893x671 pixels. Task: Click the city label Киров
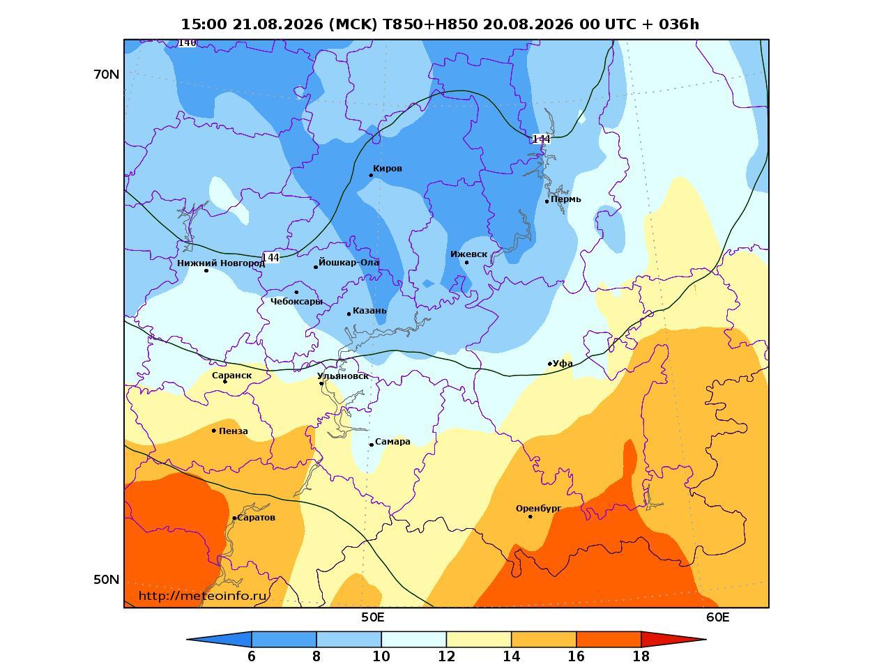[388, 169]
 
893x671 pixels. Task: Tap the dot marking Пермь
[547, 201]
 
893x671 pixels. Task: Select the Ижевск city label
[468, 254]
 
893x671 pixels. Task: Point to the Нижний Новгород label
[221, 263]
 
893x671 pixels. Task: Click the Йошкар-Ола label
[349, 262]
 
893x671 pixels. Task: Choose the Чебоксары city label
[296, 302]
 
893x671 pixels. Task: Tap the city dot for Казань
[349, 314]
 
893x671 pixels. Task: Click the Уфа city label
[563, 364]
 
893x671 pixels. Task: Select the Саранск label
[232, 376]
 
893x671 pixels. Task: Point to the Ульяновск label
[343, 376]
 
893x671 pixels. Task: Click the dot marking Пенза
[214, 431]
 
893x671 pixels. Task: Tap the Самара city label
[392, 442]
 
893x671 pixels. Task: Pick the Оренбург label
[538, 509]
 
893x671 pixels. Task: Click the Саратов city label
[257, 518]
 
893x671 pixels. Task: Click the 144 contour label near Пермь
[541, 139]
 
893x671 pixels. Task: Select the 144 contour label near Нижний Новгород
[270, 257]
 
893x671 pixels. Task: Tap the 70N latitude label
[107, 75]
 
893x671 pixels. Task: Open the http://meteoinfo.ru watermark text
[203, 596]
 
